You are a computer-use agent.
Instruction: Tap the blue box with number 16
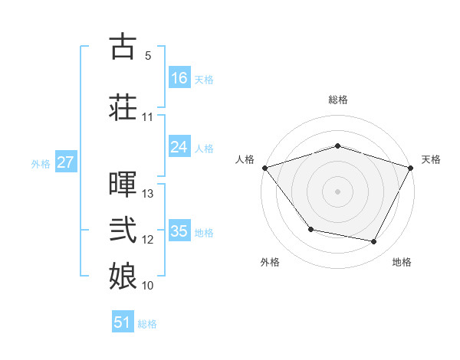coord(179,78)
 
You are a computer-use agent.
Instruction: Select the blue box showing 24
coord(179,147)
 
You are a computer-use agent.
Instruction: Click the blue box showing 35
coord(179,231)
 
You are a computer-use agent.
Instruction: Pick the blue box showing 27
coord(65,162)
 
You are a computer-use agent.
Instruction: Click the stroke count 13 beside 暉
coord(148,194)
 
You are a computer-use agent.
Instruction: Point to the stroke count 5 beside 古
coord(147,56)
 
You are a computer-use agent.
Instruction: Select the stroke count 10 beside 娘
coord(148,286)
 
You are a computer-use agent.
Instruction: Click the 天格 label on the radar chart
coord(431,159)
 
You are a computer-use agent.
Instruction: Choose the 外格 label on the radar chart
coord(270,262)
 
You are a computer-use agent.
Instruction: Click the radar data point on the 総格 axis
coord(337,146)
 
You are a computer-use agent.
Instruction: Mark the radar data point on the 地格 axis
coord(374,242)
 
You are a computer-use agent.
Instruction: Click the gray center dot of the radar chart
coord(337,191)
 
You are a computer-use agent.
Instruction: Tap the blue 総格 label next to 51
coord(147,324)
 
